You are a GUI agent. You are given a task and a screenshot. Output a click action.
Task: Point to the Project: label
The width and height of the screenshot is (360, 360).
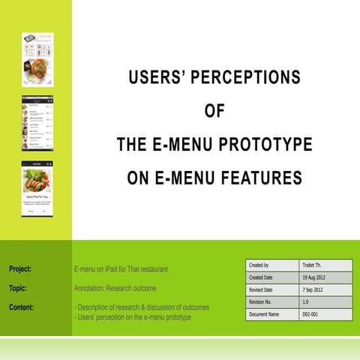(25, 268)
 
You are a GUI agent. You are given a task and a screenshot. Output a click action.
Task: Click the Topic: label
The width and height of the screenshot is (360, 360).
(22, 288)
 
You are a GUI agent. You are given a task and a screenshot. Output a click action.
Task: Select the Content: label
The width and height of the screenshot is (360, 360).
(26, 307)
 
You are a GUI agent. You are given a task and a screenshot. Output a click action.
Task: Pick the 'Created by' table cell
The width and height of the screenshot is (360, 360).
(259, 265)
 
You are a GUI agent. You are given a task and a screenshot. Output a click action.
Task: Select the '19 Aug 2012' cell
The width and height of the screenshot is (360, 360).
(318, 277)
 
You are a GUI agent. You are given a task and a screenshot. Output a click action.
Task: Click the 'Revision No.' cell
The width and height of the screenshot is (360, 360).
(264, 301)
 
